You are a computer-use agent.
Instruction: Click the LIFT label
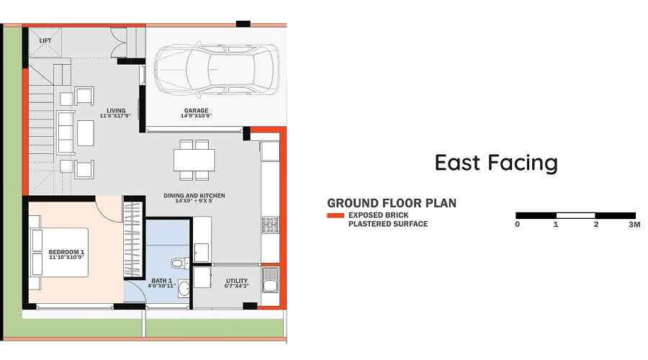pos(45,41)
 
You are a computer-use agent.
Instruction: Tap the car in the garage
pos(217,71)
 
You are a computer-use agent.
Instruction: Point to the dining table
pos(194,158)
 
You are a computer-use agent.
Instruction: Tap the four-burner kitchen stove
pos(270,225)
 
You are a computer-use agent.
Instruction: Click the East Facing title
pos(496,163)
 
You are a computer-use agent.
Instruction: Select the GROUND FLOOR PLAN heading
pos(391,203)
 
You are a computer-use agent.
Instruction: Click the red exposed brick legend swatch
pos(335,215)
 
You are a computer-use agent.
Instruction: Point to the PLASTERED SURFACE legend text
pos(388,224)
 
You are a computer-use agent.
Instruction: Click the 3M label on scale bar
pos(634,225)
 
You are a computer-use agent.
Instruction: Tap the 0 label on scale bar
pos(518,225)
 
